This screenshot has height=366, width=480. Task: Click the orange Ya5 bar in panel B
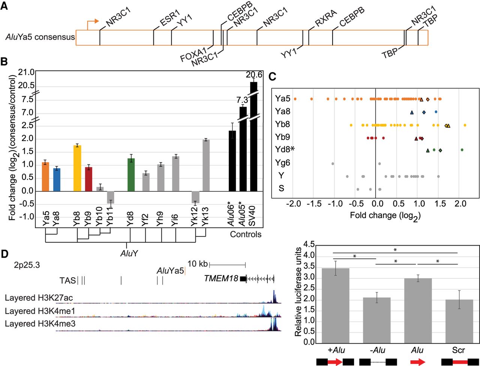45,177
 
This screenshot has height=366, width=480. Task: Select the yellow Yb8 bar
77,168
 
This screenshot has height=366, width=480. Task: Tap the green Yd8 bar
131,175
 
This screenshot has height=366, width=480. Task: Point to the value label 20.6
254,75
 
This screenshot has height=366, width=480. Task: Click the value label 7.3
242,100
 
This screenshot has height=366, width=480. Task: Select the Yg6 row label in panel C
282,163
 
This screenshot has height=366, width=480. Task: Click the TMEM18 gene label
221,278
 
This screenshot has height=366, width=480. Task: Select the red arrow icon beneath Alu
417,362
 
